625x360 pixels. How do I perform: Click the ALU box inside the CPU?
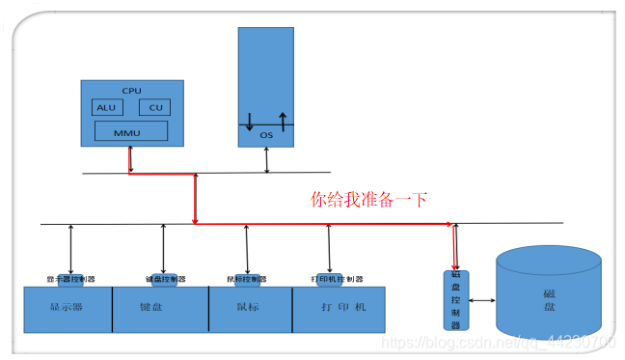(106, 107)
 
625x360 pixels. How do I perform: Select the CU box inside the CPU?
(154, 107)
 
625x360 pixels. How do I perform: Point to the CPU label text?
(131, 90)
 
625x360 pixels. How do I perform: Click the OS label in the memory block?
(266, 136)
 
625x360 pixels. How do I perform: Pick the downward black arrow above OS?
(250, 122)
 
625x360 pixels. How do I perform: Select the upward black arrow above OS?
(283, 122)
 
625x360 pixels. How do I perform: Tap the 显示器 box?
(68, 309)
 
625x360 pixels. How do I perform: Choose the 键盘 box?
(160, 309)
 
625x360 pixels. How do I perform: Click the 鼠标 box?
(250, 309)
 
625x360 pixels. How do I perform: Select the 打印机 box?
(338, 309)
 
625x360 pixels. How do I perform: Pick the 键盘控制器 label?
(164, 279)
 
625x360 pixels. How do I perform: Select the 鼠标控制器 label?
(249, 279)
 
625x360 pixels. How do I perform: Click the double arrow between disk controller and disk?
(481, 300)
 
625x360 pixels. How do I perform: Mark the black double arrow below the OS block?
(267, 160)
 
